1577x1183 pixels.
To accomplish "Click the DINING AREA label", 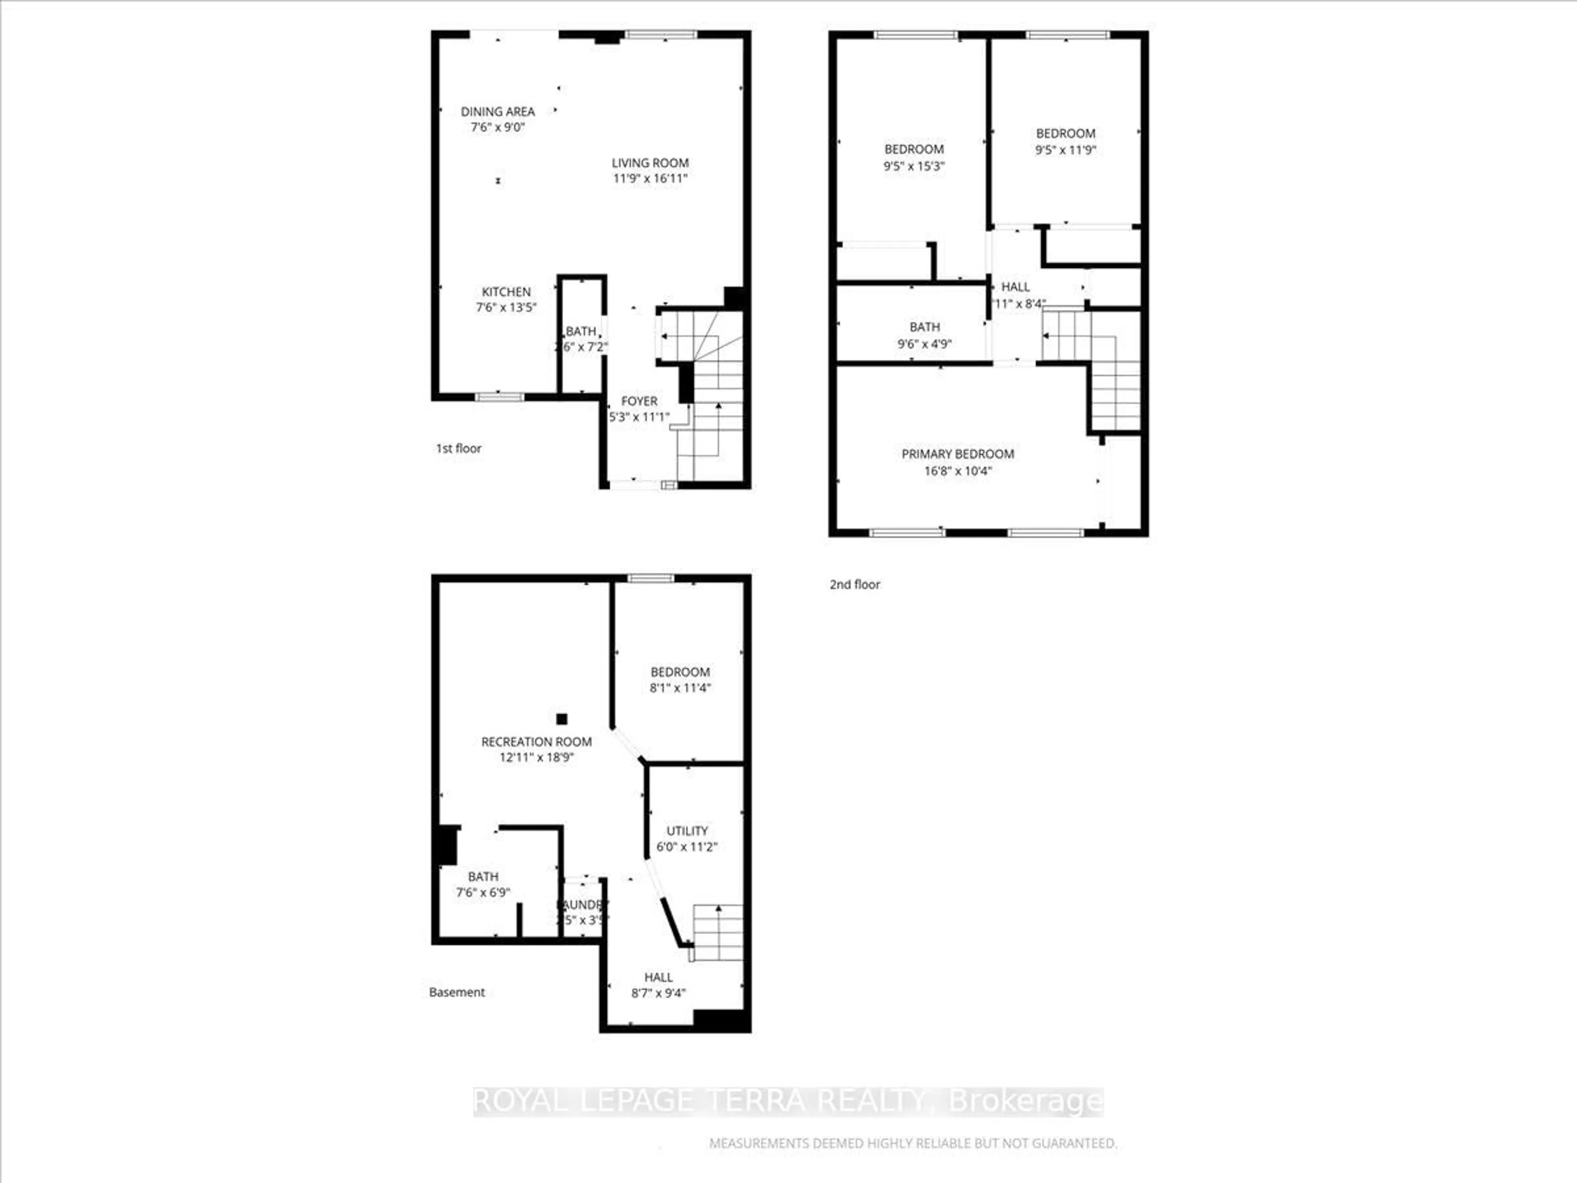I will point(498,111).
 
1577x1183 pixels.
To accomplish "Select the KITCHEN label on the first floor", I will point(506,292).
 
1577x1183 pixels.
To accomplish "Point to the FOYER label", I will point(639,401).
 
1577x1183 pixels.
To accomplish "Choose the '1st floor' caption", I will point(458,448).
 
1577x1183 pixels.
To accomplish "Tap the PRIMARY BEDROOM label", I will point(957,453).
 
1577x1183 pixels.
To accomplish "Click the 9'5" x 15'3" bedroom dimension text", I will point(914,166).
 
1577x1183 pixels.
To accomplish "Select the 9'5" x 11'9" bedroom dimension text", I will point(1065,150).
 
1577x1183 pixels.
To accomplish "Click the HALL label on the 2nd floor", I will point(1015,287).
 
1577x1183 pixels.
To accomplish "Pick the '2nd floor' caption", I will point(854,584).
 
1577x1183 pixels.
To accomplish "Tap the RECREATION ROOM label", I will point(536,741).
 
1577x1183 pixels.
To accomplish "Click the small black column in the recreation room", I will point(562,719).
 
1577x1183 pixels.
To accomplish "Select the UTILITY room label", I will point(687,831).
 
